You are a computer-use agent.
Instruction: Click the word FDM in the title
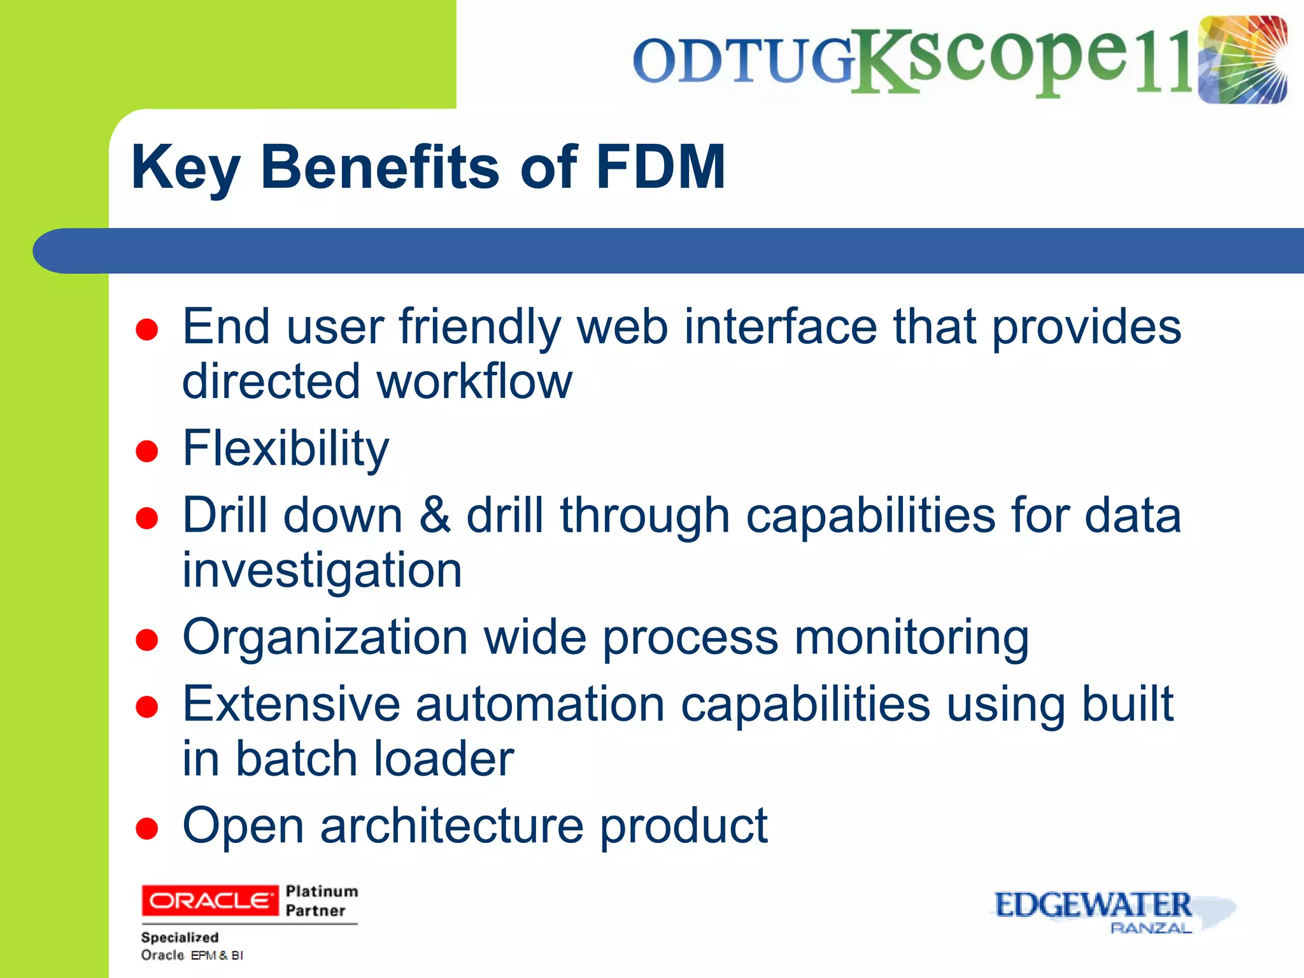click(x=660, y=167)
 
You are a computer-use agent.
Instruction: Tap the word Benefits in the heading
click(x=379, y=167)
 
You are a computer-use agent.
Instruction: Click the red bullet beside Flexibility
click(x=147, y=451)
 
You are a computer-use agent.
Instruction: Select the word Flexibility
click(x=285, y=448)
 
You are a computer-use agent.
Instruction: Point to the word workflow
click(x=474, y=381)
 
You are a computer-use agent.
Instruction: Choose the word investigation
click(x=322, y=570)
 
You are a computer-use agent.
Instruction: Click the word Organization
click(x=325, y=637)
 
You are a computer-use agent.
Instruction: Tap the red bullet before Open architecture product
click(x=147, y=829)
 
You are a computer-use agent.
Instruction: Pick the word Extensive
click(x=291, y=704)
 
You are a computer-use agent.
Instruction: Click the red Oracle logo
click(x=209, y=900)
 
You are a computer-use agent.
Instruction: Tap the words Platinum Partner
click(x=322, y=900)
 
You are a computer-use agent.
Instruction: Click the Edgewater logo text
click(x=1093, y=905)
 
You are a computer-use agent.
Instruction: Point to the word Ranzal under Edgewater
click(x=1150, y=928)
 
